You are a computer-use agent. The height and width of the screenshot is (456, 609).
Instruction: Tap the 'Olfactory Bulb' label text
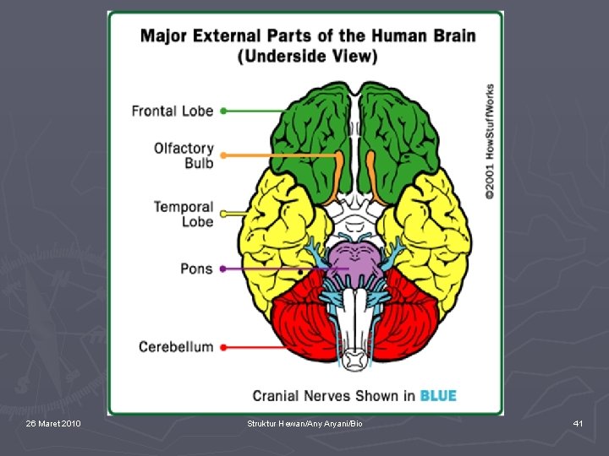[184, 155]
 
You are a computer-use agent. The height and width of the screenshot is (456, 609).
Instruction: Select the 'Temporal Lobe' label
[184, 214]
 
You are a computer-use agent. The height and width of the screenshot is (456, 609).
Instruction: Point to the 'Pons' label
[196, 269]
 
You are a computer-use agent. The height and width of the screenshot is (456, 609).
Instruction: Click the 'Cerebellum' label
[176, 346]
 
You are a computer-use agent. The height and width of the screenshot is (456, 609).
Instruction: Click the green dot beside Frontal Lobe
[223, 111]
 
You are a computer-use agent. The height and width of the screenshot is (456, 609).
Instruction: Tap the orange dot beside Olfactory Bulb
[223, 155]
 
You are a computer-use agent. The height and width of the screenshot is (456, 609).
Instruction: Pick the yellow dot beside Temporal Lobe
[223, 214]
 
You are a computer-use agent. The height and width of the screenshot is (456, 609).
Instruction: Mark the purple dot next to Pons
[223, 269]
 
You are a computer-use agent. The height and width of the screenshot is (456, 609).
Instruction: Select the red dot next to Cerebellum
[223, 346]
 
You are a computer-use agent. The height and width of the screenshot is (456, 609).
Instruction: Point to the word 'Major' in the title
[162, 36]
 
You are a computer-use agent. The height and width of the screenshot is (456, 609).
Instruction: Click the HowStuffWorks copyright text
[490, 141]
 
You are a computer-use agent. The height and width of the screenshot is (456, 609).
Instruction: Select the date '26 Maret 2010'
[53, 422]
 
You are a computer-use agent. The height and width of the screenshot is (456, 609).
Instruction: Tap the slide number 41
[579, 422]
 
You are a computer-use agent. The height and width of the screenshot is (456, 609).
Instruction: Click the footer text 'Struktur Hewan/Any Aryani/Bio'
[304, 422]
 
